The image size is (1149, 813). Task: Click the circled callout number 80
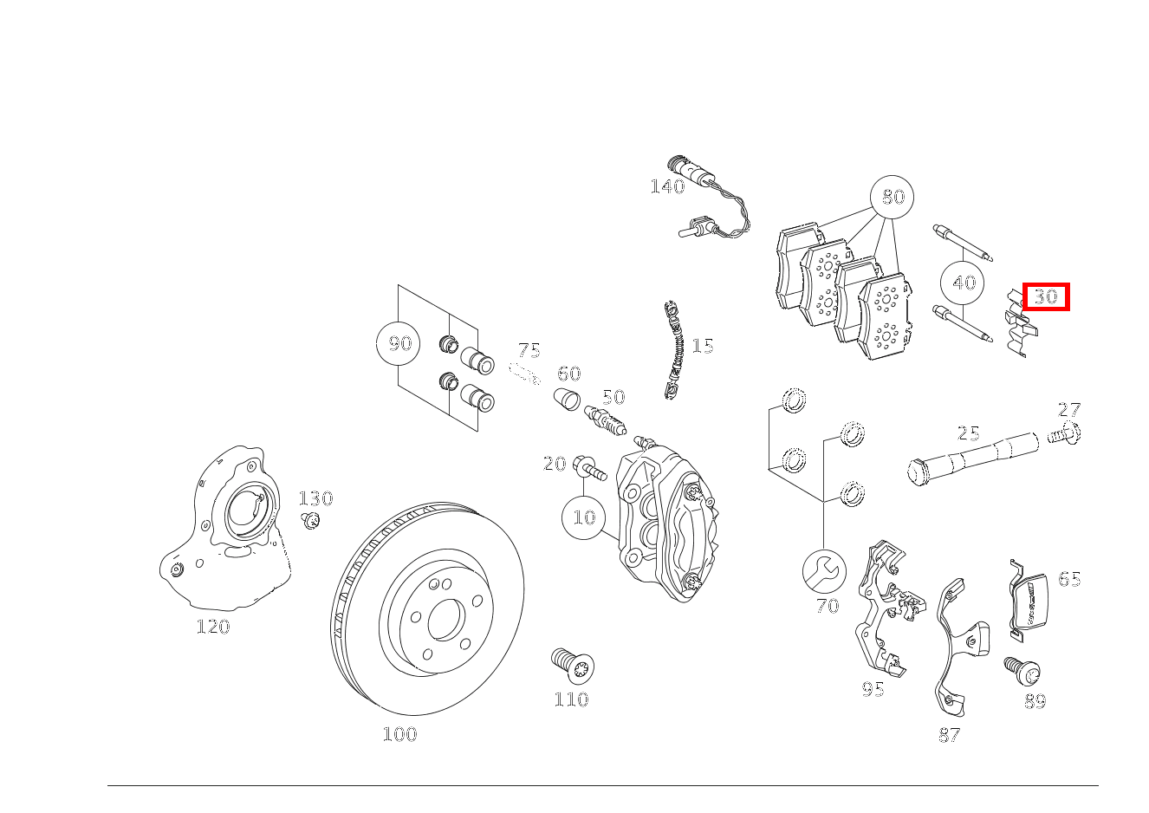893,197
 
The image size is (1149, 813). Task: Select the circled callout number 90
399,343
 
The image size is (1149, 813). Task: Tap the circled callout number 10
585,517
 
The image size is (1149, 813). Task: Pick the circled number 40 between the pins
964,283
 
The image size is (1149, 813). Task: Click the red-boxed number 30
1046,296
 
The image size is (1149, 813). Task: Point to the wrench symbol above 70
825,570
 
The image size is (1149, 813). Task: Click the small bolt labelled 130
310,520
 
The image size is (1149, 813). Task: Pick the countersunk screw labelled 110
572,665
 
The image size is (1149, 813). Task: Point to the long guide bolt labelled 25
970,457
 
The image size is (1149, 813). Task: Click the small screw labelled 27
1066,433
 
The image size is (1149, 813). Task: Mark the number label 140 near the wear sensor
666,186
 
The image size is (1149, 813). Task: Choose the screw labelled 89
1022,671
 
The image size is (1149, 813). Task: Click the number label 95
873,689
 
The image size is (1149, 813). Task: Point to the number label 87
949,735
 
